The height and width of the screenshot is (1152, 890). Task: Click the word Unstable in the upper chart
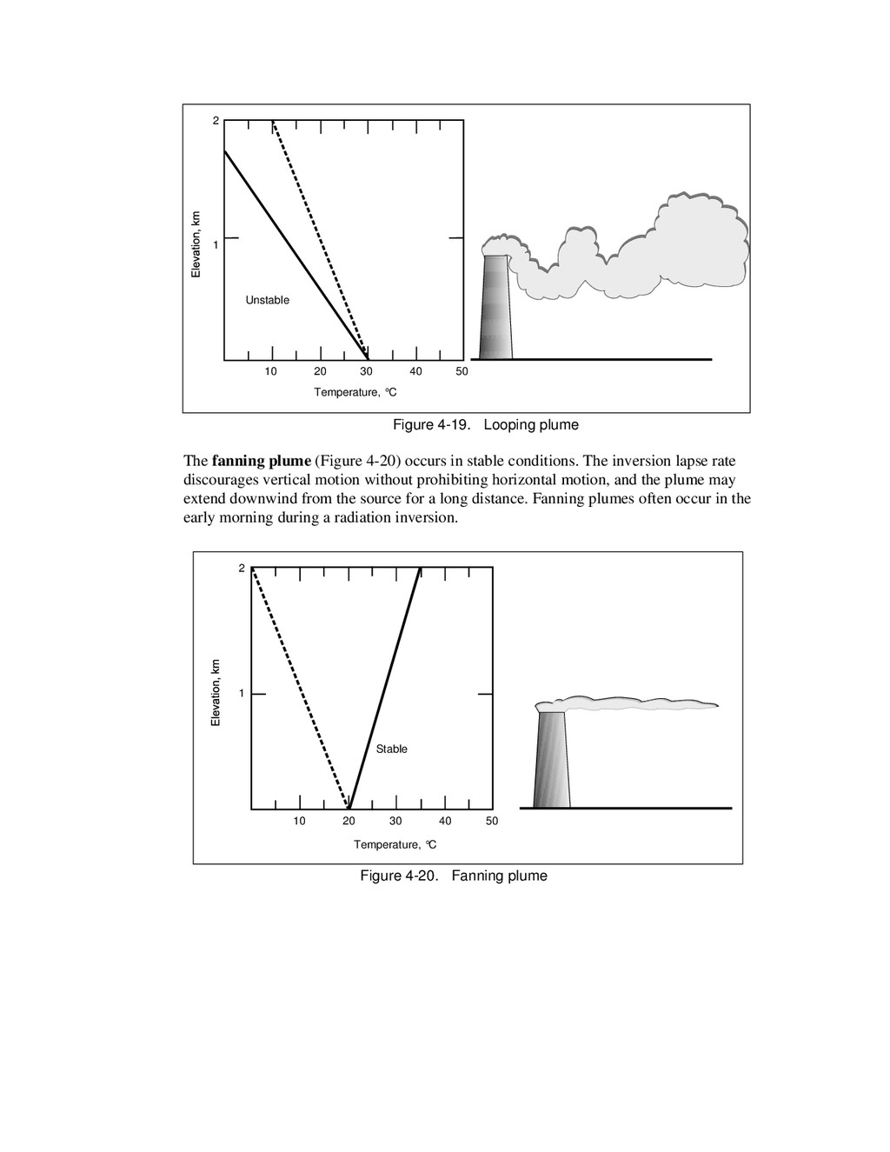[267, 300]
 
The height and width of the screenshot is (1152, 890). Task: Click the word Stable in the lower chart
[391, 749]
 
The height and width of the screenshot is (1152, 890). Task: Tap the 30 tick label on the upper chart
[367, 371]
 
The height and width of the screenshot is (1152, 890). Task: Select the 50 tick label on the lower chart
[492, 821]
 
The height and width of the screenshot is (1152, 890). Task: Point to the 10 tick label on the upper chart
[271, 371]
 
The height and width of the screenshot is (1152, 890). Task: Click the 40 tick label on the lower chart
[445, 821]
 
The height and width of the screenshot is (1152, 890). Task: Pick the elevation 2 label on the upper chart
[216, 121]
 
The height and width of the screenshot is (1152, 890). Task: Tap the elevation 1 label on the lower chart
[242, 694]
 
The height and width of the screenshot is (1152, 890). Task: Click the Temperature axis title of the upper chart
[355, 392]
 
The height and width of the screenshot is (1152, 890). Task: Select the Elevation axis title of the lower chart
[216, 692]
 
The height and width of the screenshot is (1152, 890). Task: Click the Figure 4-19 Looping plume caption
[485, 424]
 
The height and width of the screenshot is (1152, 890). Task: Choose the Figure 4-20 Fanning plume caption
[454, 876]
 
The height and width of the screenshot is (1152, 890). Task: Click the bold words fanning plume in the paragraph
[261, 461]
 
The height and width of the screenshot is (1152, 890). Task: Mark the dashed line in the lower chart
[300, 687]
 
